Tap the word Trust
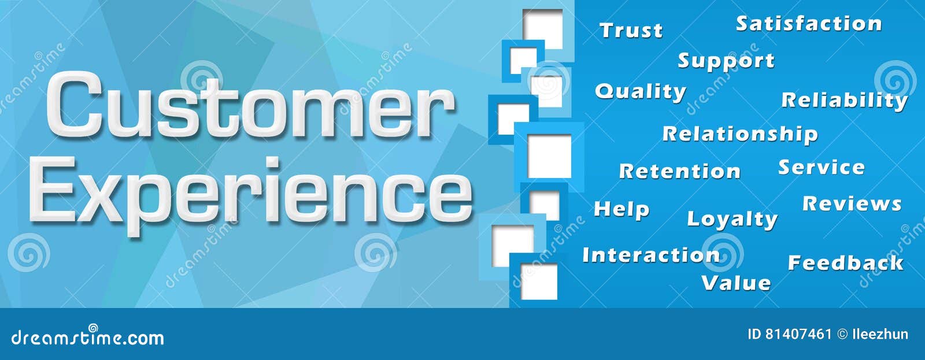click(x=631, y=30)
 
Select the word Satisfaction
click(x=808, y=24)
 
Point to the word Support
click(x=726, y=61)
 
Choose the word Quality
click(x=640, y=91)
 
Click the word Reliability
click(x=844, y=101)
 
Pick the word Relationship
click(x=739, y=134)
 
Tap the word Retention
click(x=679, y=171)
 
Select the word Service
click(x=821, y=168)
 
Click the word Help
click(x=621, y=209)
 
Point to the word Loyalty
click(x=731, y=219)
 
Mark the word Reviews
click(x=852, y=203)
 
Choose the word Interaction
click(x=650, y=255)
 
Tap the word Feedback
click(x=845, y=263)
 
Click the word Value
click(x=735, y=283)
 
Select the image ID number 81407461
click(x=798, y=334)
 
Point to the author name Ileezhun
click(x=880, y=334)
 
